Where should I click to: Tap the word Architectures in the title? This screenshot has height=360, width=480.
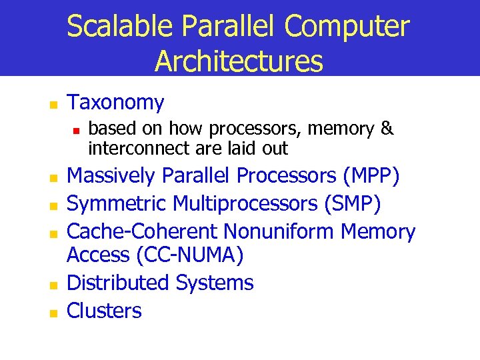tap(239, 61)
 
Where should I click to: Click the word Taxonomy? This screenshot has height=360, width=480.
tap(116, 103)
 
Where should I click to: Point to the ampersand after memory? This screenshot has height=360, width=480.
tap(387, 129)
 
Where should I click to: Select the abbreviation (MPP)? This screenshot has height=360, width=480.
tap(371, 176)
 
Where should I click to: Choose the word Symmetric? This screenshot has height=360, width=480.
tap(117, 204)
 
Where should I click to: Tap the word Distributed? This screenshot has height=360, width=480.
tap(119, 283)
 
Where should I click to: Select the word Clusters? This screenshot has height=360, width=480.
tap(105, 311)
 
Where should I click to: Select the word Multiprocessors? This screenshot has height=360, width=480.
tap(247, 204)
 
